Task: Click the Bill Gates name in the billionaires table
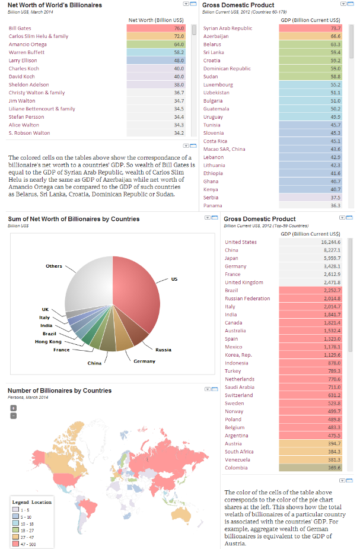pyautogui.click(x=20, y=28)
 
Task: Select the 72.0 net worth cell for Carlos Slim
pyautogui.click(x=157, y=36)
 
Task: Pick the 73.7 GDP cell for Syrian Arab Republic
pyautogui.click(x=310, y=28)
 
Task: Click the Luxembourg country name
pyautogui.click(x=218, y=84)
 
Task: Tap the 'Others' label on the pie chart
pyautogui.click(x=54, y=266)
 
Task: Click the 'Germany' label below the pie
pyautogui.click(x=144, y=361)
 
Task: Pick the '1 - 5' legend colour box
pyautogui.click(x=17, y=510)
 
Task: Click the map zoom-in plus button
pyautogui.click(x=14, y=408)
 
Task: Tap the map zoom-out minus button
pyautogui.click(x=14, y=415)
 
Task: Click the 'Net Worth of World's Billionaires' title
pyautogui.click(x=55, y=5)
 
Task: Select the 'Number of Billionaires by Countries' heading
pyautogui.click(x=59, y=391)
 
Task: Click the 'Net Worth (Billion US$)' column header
pyautogui.click(x=156, y=20)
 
